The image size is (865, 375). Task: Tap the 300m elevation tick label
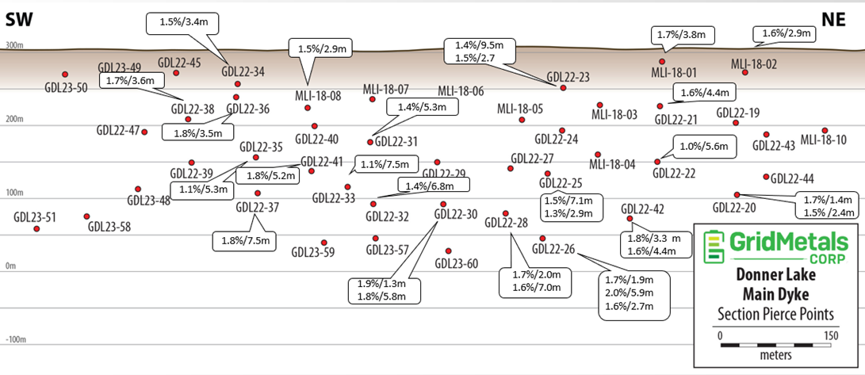(13, 46)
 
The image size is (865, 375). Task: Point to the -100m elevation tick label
(15, 339)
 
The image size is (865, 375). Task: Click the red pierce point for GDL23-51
(36, 228)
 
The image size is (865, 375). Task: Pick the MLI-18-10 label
(823, 140)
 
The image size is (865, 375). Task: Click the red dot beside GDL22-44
(766, 177)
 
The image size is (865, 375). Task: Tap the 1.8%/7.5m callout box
(244, 240)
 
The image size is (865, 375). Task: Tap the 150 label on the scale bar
(830, 335)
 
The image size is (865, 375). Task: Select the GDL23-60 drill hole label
(457, 263)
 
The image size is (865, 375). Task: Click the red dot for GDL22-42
(630, 218)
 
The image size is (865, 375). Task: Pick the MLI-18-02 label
(753, 63)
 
